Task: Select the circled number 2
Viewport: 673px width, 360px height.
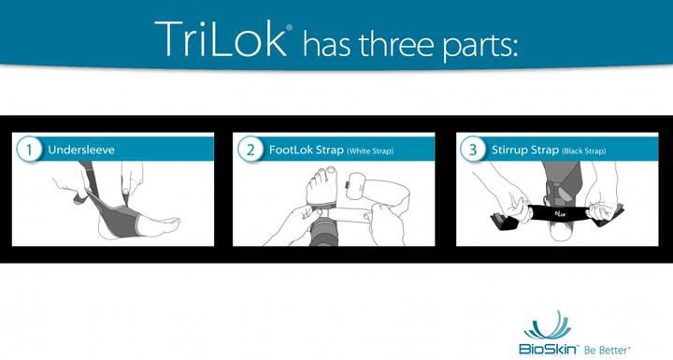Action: tap(250, 150)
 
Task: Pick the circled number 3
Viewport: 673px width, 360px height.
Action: tap(471, 150)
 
